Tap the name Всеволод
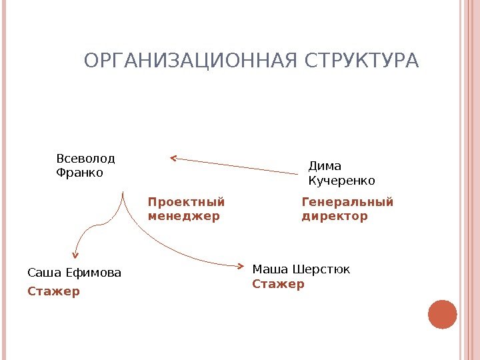coord(86,159)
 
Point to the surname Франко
coord(80,173)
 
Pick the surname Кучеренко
coord(342,181)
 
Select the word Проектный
coord(187,202)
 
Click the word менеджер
coord(183,217)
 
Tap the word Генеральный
coord(348,202)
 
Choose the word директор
coord(335,217)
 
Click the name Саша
coord(41,273)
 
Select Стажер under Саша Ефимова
coord(53,291)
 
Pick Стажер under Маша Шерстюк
coord(278,284)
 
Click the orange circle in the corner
coord(442,315)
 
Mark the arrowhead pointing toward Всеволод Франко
coord(173,159)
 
